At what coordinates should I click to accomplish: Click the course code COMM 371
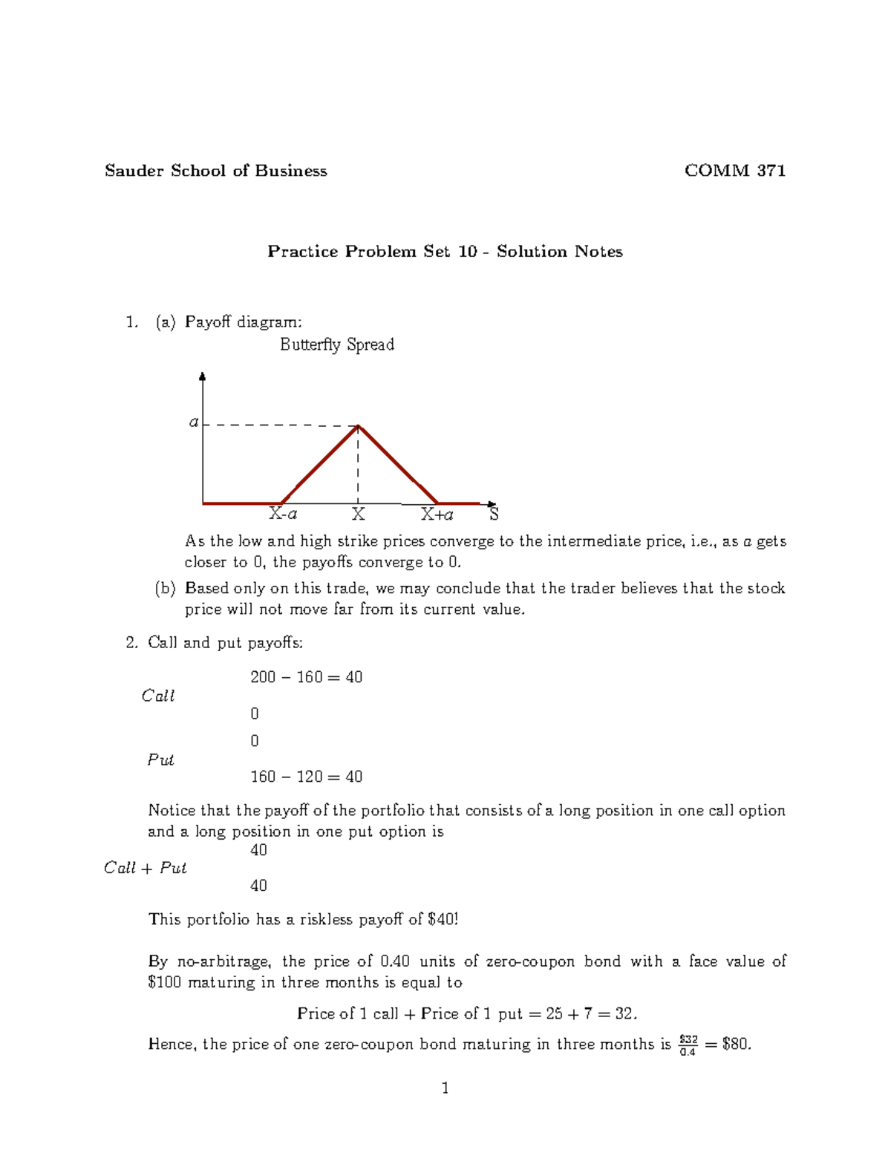click(734, 171)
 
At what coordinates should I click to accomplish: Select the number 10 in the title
click(467, 252)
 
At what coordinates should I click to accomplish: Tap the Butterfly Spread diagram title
click(336, 344)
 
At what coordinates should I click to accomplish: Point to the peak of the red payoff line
click(359, 426)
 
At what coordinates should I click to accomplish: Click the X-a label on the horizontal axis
click(283, 514)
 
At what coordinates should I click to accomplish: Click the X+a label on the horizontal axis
click(437, 514)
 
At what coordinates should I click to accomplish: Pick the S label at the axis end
click(494, 514)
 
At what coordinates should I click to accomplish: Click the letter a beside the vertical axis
click(194, 422)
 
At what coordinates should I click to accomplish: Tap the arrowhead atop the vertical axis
click(203, 377)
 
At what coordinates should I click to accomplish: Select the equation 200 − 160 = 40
click(306, 677)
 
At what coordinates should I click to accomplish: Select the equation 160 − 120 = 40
click(306, 777)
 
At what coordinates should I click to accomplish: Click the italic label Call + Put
click(145, 868)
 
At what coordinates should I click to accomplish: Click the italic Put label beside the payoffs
click(160, 760)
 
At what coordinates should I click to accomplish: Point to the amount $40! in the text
click(443, 919)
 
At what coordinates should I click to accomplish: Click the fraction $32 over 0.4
click(688, 1045)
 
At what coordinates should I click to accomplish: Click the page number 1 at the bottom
click(445, 1088)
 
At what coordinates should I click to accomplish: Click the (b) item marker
click(165, 589)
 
